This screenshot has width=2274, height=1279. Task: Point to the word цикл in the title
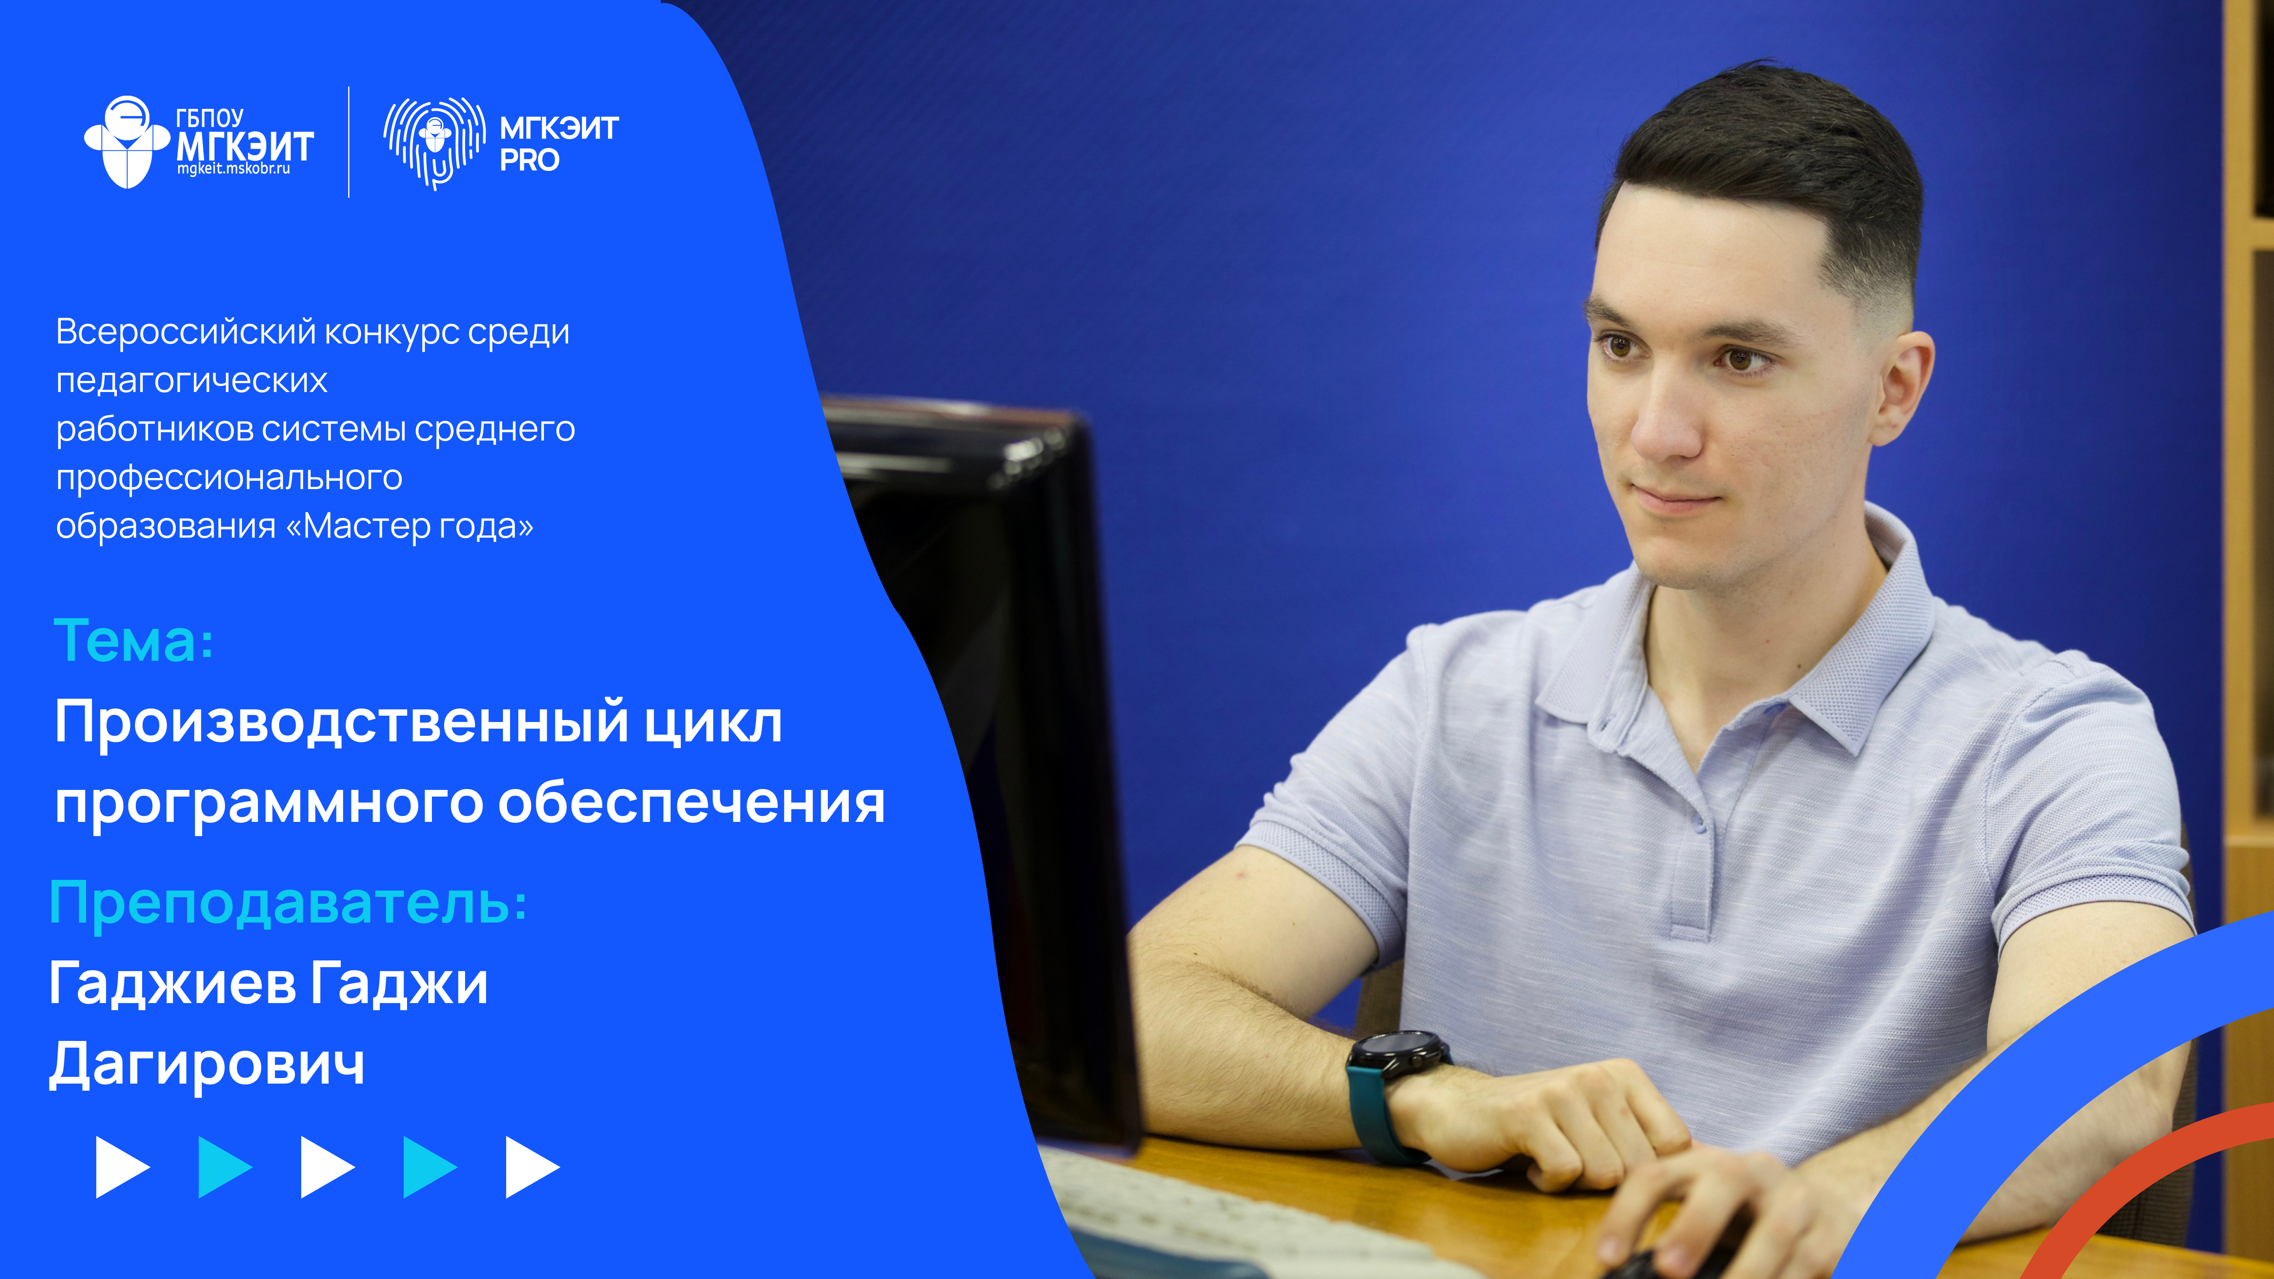712,722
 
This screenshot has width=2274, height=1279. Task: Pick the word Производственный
341,722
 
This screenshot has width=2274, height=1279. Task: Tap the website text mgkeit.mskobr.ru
234,169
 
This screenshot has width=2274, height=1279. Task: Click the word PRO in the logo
530,161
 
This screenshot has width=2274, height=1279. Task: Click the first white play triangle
122,1167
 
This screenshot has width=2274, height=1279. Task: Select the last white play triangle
531,1167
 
